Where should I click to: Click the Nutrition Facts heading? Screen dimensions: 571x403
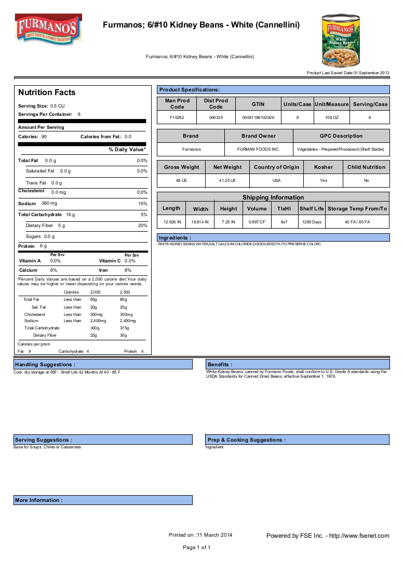47,92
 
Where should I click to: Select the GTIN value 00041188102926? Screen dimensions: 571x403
258,118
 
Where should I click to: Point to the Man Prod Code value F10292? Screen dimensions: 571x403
177,118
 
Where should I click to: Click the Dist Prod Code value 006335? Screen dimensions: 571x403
216,118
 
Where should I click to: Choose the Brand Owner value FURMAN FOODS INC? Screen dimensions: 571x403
258,149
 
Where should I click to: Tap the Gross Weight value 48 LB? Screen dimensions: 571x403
181,180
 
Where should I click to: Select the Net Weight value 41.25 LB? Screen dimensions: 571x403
227,180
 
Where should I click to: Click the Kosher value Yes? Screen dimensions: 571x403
324,180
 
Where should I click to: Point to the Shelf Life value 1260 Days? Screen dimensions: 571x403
312,222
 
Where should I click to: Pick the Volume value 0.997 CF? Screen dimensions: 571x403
257,222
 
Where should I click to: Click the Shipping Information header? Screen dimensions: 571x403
273,197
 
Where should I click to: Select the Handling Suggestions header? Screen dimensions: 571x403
45,365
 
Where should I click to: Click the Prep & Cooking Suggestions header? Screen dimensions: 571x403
246,440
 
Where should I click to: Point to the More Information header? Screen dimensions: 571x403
39,500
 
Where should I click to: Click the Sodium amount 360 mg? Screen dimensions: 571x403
49,203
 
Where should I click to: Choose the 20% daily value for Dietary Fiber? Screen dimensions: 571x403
142,225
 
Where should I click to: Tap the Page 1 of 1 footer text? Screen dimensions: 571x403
196,548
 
